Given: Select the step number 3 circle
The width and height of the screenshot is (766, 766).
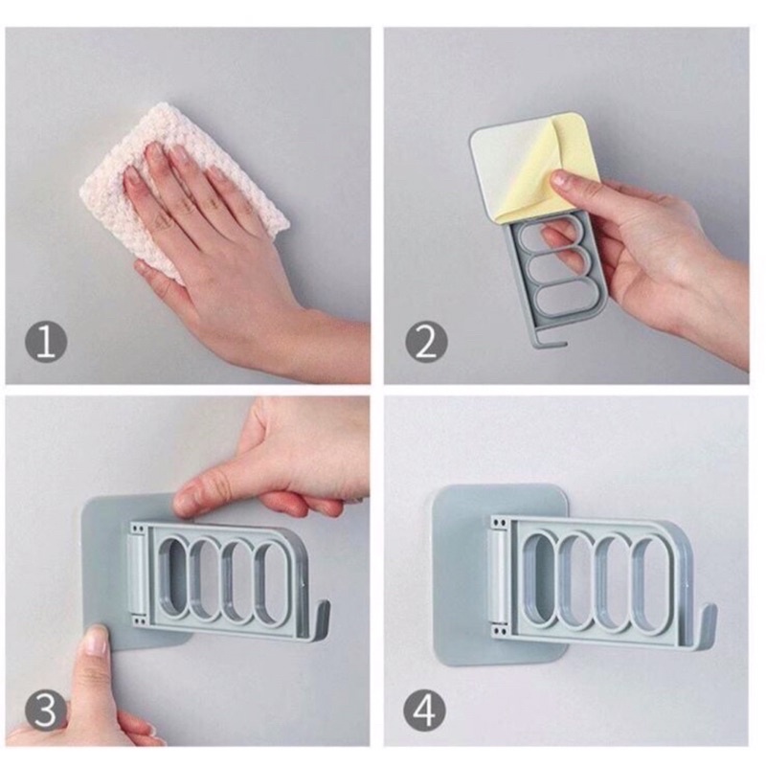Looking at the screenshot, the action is pyautogui.click(x=45, y=710).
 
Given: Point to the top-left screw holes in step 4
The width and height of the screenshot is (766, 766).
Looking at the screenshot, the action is pyautogui.click(x=499, y=524).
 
